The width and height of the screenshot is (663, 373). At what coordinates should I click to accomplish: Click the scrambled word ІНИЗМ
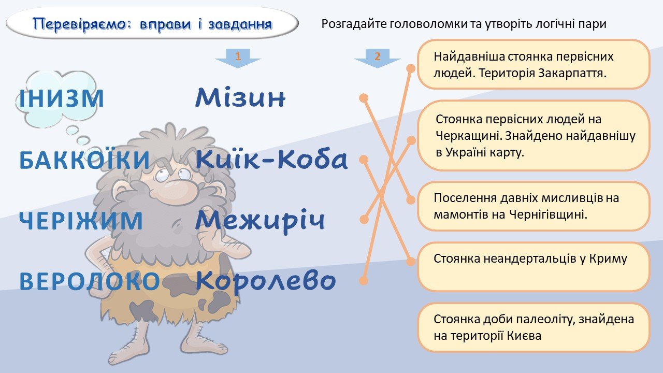pyautogui.click(x=62, y=98)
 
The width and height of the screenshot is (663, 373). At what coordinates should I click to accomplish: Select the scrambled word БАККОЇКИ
pyautogui.click(x=84, y=160)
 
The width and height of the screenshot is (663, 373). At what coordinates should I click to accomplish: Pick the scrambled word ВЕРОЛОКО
pyautogui.click(x=90, y=281)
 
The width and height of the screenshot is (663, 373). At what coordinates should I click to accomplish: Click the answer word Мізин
pyautogui.click(x=240, y=97)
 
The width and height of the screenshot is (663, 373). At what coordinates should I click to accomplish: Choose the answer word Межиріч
pyautogui.click(x=260, y=221)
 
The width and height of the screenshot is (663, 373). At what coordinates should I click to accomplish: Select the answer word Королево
pyautogui.click(x=266, y=281)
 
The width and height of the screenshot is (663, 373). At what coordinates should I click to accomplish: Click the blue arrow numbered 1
pyautogui.click(x=238, y=58)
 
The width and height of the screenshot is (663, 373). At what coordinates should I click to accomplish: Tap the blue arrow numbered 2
pyautogui.click(x=378, y=58)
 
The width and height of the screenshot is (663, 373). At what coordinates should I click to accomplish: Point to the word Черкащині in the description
pyautogui.click(x=469, y=136)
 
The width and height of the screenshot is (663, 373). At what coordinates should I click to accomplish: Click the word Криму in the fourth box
pyautogui.click(x=608, y=259)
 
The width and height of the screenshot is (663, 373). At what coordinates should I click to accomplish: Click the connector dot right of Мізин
pyautogui.click(x=364, y=98)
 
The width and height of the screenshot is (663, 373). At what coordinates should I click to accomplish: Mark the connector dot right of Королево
pyautogui.click(x=364, y=280)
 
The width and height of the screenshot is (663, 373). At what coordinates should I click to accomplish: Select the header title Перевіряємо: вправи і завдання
pyautogui.click(x=152, y=24)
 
